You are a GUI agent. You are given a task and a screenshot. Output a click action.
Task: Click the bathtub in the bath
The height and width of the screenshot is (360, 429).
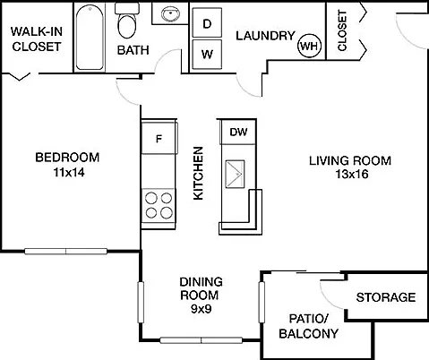[x=90, y=37]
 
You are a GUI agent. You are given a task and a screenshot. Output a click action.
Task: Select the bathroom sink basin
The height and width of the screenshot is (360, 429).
[x=170, y=13]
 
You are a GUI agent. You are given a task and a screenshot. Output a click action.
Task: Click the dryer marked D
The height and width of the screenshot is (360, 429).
[x=207, y=23]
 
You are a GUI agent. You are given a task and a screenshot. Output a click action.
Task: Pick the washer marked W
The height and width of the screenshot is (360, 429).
[x=207, y=55]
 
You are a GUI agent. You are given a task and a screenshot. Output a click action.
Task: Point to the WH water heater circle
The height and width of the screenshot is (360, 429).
[x=310, y=46]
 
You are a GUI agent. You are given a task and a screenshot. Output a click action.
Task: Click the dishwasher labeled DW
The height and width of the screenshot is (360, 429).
[x=238, y=132]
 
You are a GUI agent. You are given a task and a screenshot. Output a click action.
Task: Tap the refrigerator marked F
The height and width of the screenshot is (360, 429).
[x=159, y=138]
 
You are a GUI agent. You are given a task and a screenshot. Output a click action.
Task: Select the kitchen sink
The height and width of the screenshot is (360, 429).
[x=236, y=174]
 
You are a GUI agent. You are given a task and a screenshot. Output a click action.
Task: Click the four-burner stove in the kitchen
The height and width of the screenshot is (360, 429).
[x=159, y=206]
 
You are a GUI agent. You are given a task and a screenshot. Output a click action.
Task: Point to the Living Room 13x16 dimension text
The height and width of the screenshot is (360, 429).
[x=352, y=174]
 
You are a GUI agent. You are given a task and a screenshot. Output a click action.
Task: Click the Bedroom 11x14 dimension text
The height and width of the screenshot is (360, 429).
[x=69, y=172]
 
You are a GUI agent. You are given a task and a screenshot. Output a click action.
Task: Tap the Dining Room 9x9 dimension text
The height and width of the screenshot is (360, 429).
[x=202, y=309]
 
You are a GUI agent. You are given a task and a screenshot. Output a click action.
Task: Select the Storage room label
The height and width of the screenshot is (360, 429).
[x=386, y=297]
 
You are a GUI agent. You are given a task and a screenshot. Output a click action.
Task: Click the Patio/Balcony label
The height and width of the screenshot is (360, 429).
[x=309, y=326]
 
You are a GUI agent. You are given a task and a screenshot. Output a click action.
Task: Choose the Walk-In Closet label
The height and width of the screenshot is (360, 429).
[x=37, y=39]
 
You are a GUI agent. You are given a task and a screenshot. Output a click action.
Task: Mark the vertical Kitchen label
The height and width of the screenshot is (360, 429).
[x=198, y=173]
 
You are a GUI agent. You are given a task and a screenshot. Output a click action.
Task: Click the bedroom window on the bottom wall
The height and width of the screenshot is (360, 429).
[x=65, y=252]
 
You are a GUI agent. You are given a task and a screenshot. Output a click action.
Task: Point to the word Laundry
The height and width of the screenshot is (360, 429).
[x=265, y=36]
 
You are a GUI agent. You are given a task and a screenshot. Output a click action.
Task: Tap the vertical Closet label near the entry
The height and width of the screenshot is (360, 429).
[x=342, y=30]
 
